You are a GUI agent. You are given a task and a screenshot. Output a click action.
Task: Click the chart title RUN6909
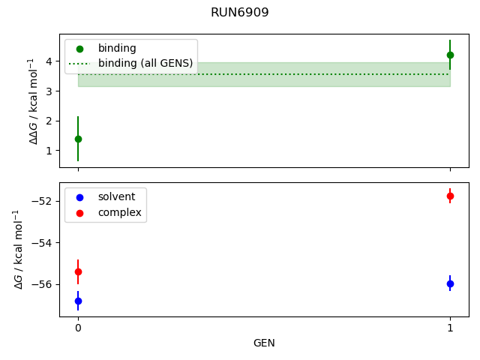tap(240, 13)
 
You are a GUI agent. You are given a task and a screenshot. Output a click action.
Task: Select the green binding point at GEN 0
tap(78, 139)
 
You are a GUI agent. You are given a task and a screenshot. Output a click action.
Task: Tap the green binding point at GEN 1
tap(450, 55)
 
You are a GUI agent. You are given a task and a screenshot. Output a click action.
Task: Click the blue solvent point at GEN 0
tap(78, 301)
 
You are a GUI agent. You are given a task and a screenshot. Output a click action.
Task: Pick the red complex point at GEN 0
tap(78, 271)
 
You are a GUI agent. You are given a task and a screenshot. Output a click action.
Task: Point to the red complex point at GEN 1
tap(450, 196)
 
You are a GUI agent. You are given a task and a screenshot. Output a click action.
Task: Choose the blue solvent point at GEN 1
tap(450, 283)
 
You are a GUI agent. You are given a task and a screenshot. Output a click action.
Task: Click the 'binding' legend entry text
tap(117, 48)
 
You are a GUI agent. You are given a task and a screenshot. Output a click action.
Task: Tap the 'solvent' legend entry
tap(116, 196)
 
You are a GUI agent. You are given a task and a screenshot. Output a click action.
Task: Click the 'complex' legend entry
tap(119, 213)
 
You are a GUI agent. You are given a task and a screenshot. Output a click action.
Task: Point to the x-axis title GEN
tap(264, 343)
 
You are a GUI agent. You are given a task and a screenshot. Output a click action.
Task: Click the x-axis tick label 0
tap(78, 328)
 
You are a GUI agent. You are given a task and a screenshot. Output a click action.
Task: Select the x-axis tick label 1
tap(450, 328)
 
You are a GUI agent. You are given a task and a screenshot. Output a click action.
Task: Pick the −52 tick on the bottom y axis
tap(44, 202)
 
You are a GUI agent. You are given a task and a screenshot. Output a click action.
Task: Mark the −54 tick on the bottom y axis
tap(44, 243)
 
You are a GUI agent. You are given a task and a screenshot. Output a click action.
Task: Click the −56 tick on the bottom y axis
tap(44, 284)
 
